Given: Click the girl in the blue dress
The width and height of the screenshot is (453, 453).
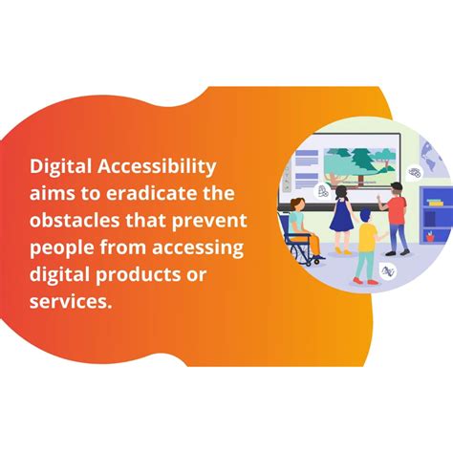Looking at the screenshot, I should point(342,216).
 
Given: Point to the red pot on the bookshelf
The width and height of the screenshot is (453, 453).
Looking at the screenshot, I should point(430,234).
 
